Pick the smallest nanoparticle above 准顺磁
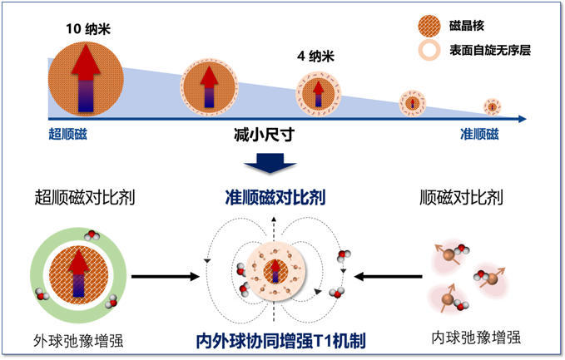click(x=493, y=106)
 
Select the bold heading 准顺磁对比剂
click(x=275, y=198)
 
